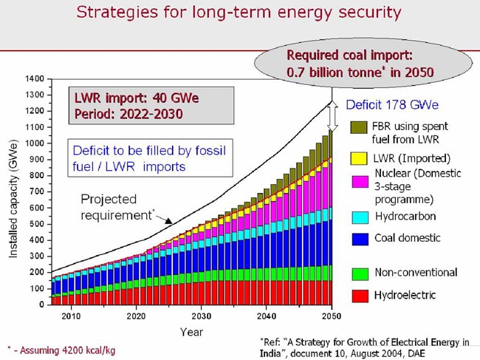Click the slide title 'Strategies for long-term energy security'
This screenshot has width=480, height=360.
tap(239, 13)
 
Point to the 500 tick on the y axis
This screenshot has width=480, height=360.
tap(35, 224)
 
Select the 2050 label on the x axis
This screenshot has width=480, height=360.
tap(332, 316)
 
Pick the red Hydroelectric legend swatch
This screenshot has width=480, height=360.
tap(360, 295)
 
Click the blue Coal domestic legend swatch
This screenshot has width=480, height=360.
tap(360, 237)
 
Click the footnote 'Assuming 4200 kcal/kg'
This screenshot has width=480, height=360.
tap(64, 349)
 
